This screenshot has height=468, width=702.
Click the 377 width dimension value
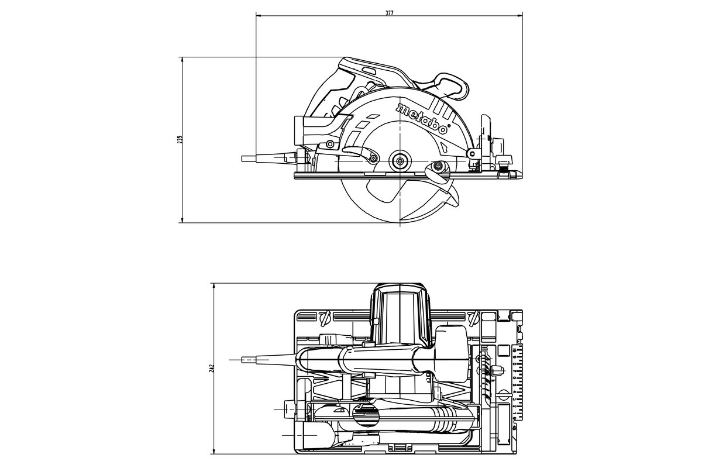[x=390, y=13]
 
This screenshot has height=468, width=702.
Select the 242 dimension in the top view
[x=212, y=367]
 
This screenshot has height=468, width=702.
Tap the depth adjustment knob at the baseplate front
[x=501, y=170]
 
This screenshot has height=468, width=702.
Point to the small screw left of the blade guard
[x=330, y=144]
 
